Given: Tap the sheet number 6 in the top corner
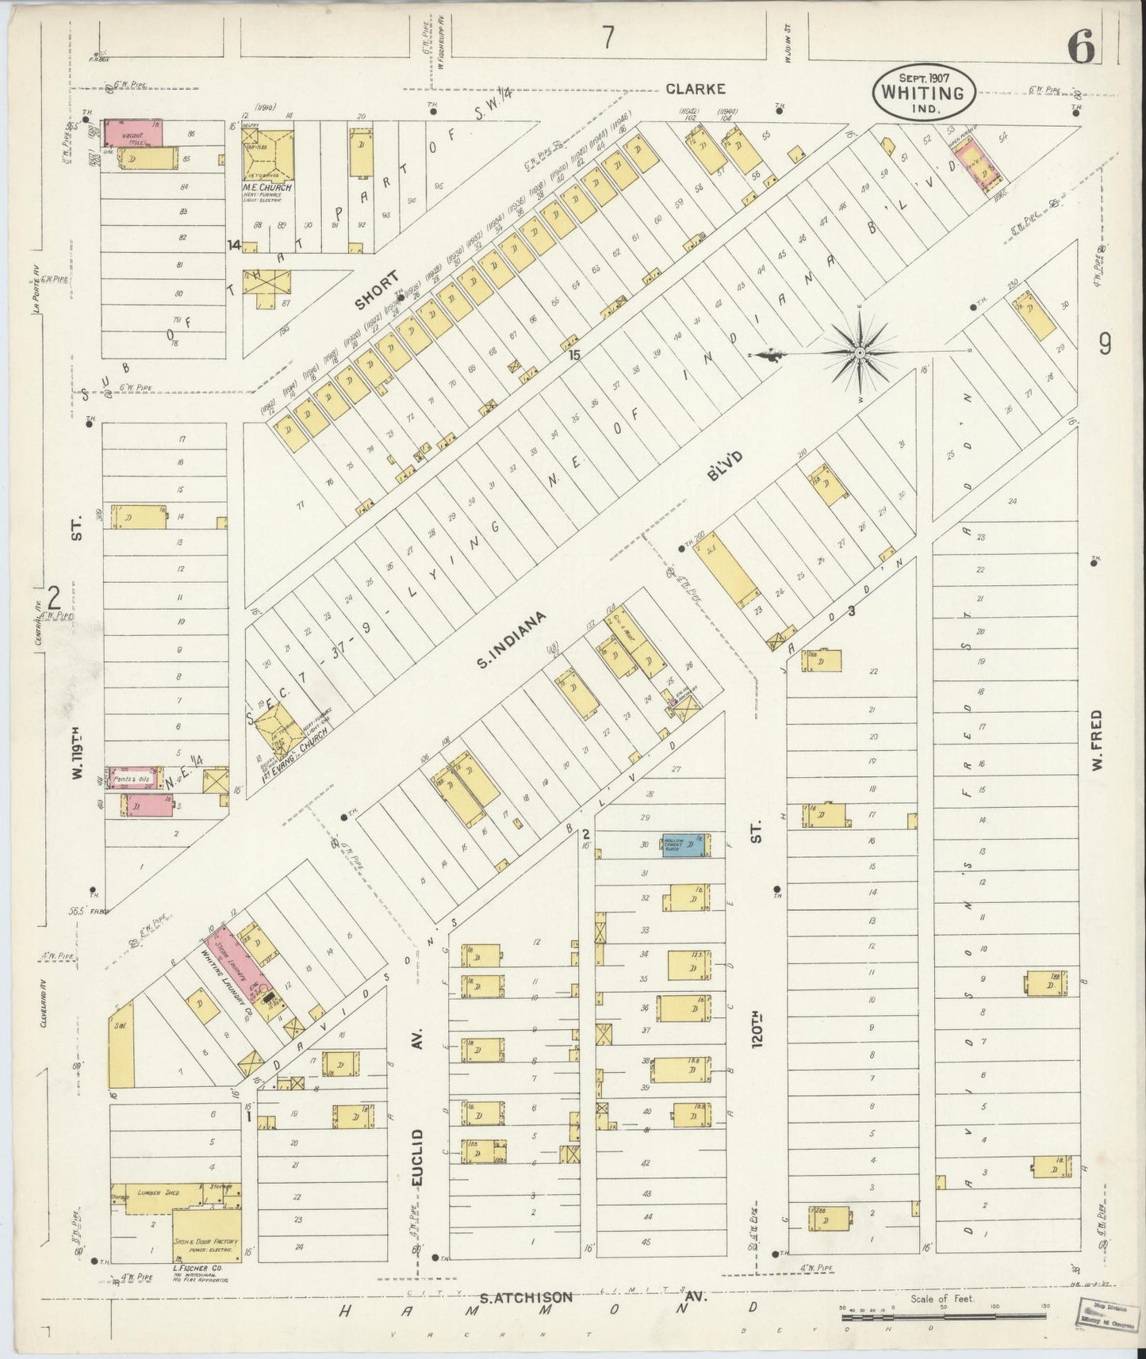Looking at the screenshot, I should pyautogui.click(x=1081, y=49).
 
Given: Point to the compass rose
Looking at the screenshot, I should pyautogui.click(x=860, y=351).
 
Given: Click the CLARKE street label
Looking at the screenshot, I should pyautogui.click(x=695, y=89).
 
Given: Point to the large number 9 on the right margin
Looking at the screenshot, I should pyautogui.click(x=1104, y=343).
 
